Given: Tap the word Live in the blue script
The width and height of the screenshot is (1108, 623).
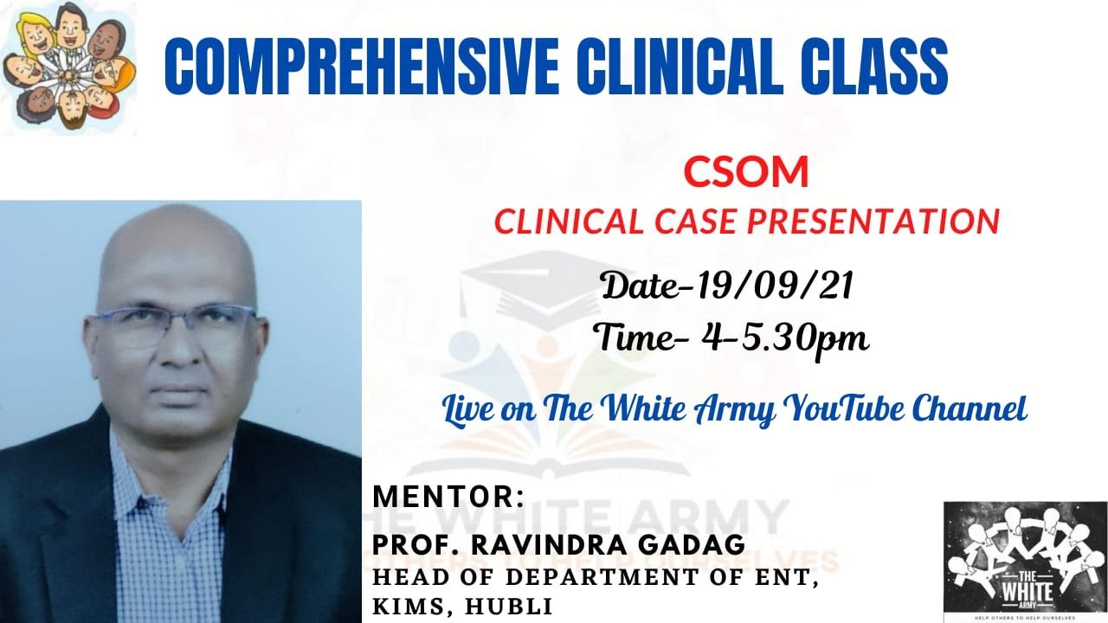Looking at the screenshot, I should [x=465, y=408].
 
